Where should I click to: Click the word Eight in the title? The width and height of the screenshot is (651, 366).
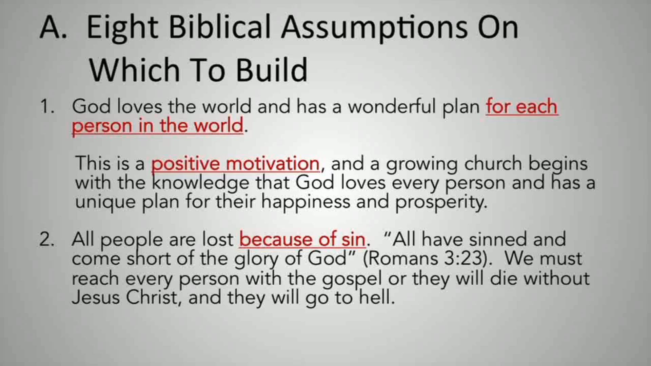[x=122, y=28]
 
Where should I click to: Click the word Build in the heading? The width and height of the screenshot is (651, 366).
[x=272, y=70]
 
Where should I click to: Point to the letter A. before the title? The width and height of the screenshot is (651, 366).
[x=53, y=28]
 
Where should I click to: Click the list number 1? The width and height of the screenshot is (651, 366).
[x=47, y=107]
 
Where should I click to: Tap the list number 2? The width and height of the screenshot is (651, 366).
[x=47, y=240]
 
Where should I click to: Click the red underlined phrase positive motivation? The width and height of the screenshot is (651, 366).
[x=235, y=164]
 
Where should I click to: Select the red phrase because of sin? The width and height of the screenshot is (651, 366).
[x=302, y=240]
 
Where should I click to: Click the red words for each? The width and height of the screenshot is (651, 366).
[x=522, y=107]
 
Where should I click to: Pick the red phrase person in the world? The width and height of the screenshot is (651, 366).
[x=158, y=126]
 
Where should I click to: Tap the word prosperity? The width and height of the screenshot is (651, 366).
[x=441, y=202]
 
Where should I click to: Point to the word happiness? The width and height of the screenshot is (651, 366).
[x=305, y=202]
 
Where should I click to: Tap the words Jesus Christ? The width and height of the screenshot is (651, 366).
[x=124, y=298]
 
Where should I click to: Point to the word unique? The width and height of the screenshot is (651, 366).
[x=105, y=202]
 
